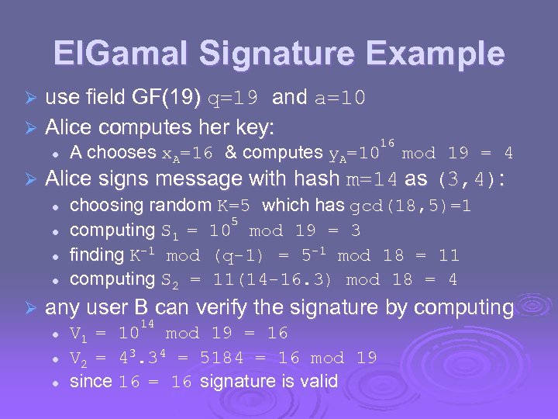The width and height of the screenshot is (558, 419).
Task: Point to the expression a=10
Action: (340, 99)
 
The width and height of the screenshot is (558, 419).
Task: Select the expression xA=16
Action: (188, 153)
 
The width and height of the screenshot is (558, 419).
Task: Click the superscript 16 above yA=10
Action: (387, 142)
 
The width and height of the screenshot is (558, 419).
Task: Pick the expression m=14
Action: (371, 179)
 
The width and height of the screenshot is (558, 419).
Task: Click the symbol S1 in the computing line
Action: (169, 231)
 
